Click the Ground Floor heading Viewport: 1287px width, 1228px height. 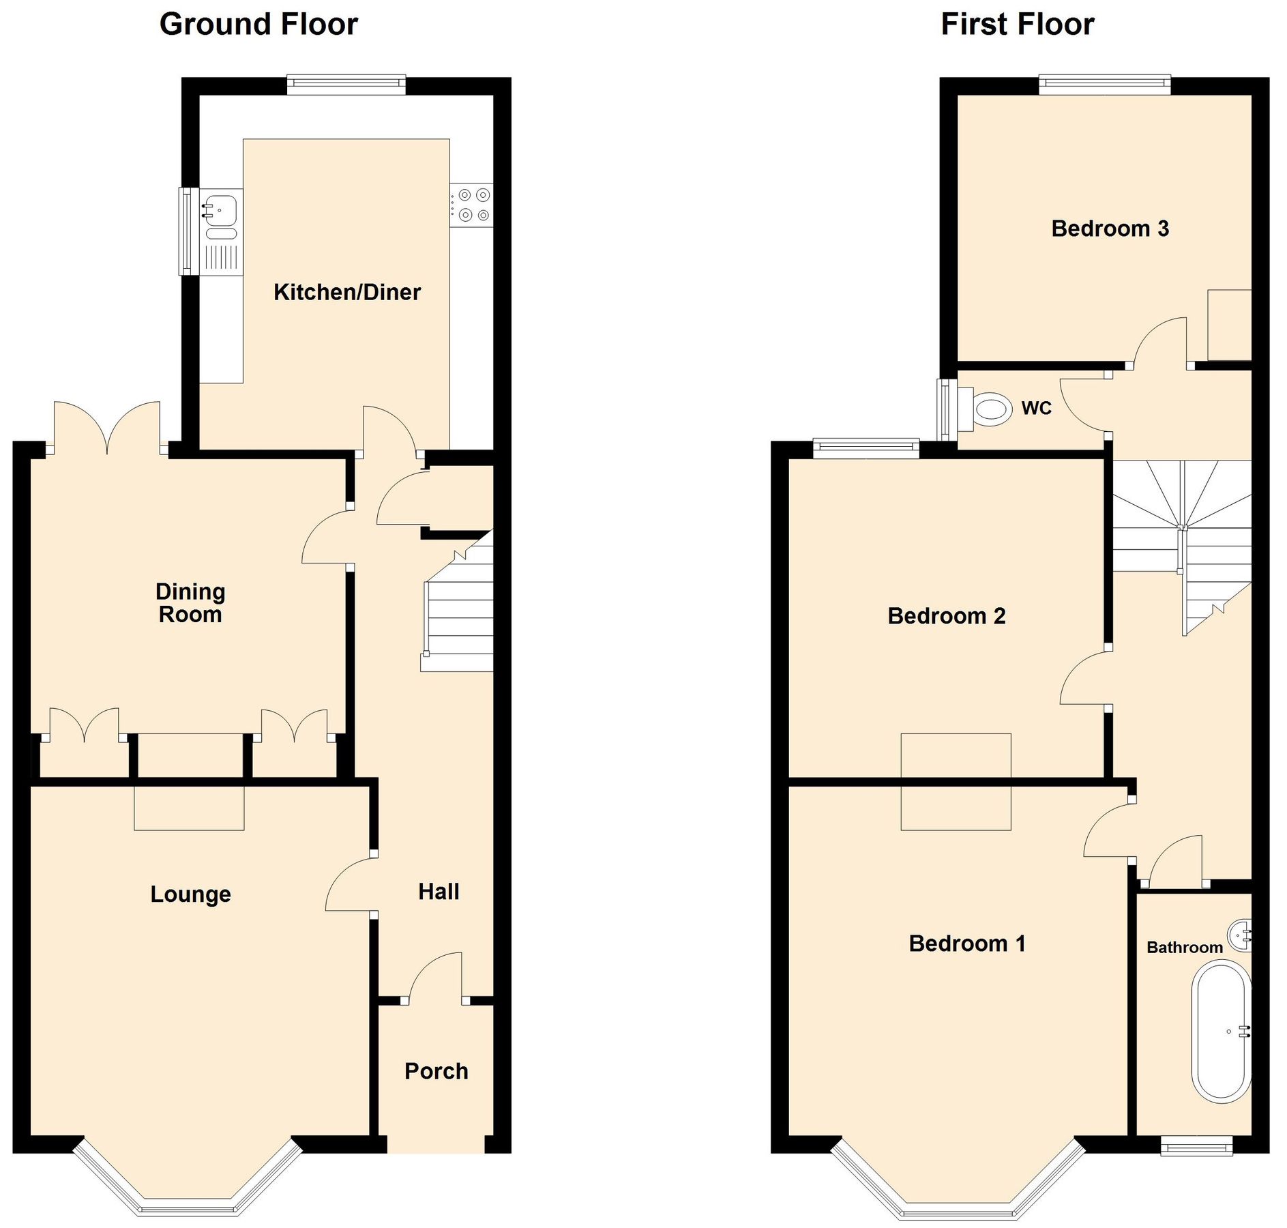pyautogui.click(x=258, y=25)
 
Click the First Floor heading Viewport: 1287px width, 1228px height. pyautogui.click(x=1017, y=25)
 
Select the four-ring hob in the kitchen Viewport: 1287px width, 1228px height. pyautogui.click(x=472, y=205)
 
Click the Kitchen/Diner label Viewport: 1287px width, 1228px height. pyautogui.click(x=346, y=292)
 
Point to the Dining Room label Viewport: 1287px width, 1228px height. pyautogui.click(x=190, y=603)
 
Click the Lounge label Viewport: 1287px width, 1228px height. pyautogui.click(x=190, y=894)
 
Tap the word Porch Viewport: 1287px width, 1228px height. pyautogui.click(x=436, y=1071)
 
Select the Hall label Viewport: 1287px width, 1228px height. pyautogui.click(x=439, y=892)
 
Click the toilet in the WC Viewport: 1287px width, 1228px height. pyautogui.click(x=990, y=409)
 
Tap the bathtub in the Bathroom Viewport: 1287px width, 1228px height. pyautogui.click(x=1221, y=1032)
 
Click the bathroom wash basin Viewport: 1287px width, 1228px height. pyautogui.click(x=1241, y=935)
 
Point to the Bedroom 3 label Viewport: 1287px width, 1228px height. pyautogui.click(x=1110, y=229)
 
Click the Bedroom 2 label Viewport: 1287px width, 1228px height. pyautogui.click(x=946, y=616)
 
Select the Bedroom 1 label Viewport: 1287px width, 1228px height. pyautogui.click(x=966, y=944)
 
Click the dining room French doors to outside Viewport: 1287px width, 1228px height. pyautogui.click(x=107, y=430)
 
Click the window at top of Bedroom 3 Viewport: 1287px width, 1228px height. pyautogui.click(x=1104, y=85)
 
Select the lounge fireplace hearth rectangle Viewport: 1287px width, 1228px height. pyautogui.click(x=189, y=808)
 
